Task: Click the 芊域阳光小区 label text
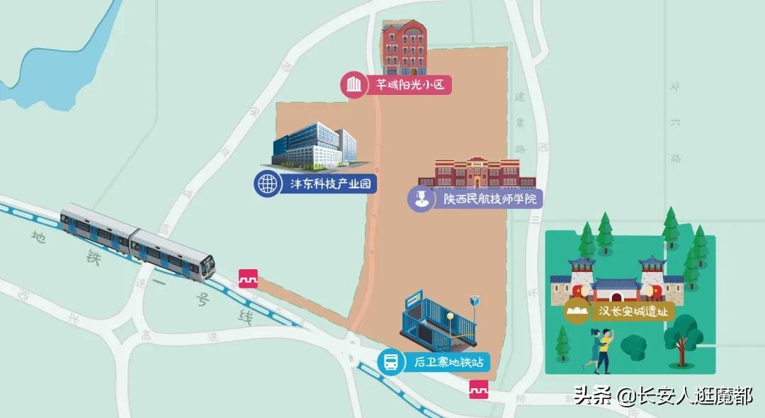click(409, 86)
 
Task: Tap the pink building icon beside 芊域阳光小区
click(353, 86)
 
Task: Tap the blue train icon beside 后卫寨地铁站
click(390, 363)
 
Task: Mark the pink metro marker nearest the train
click(248, 278)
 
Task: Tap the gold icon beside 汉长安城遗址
click(577, 311)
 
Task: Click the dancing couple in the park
click(599, 353)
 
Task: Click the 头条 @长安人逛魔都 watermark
click(663, 395)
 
